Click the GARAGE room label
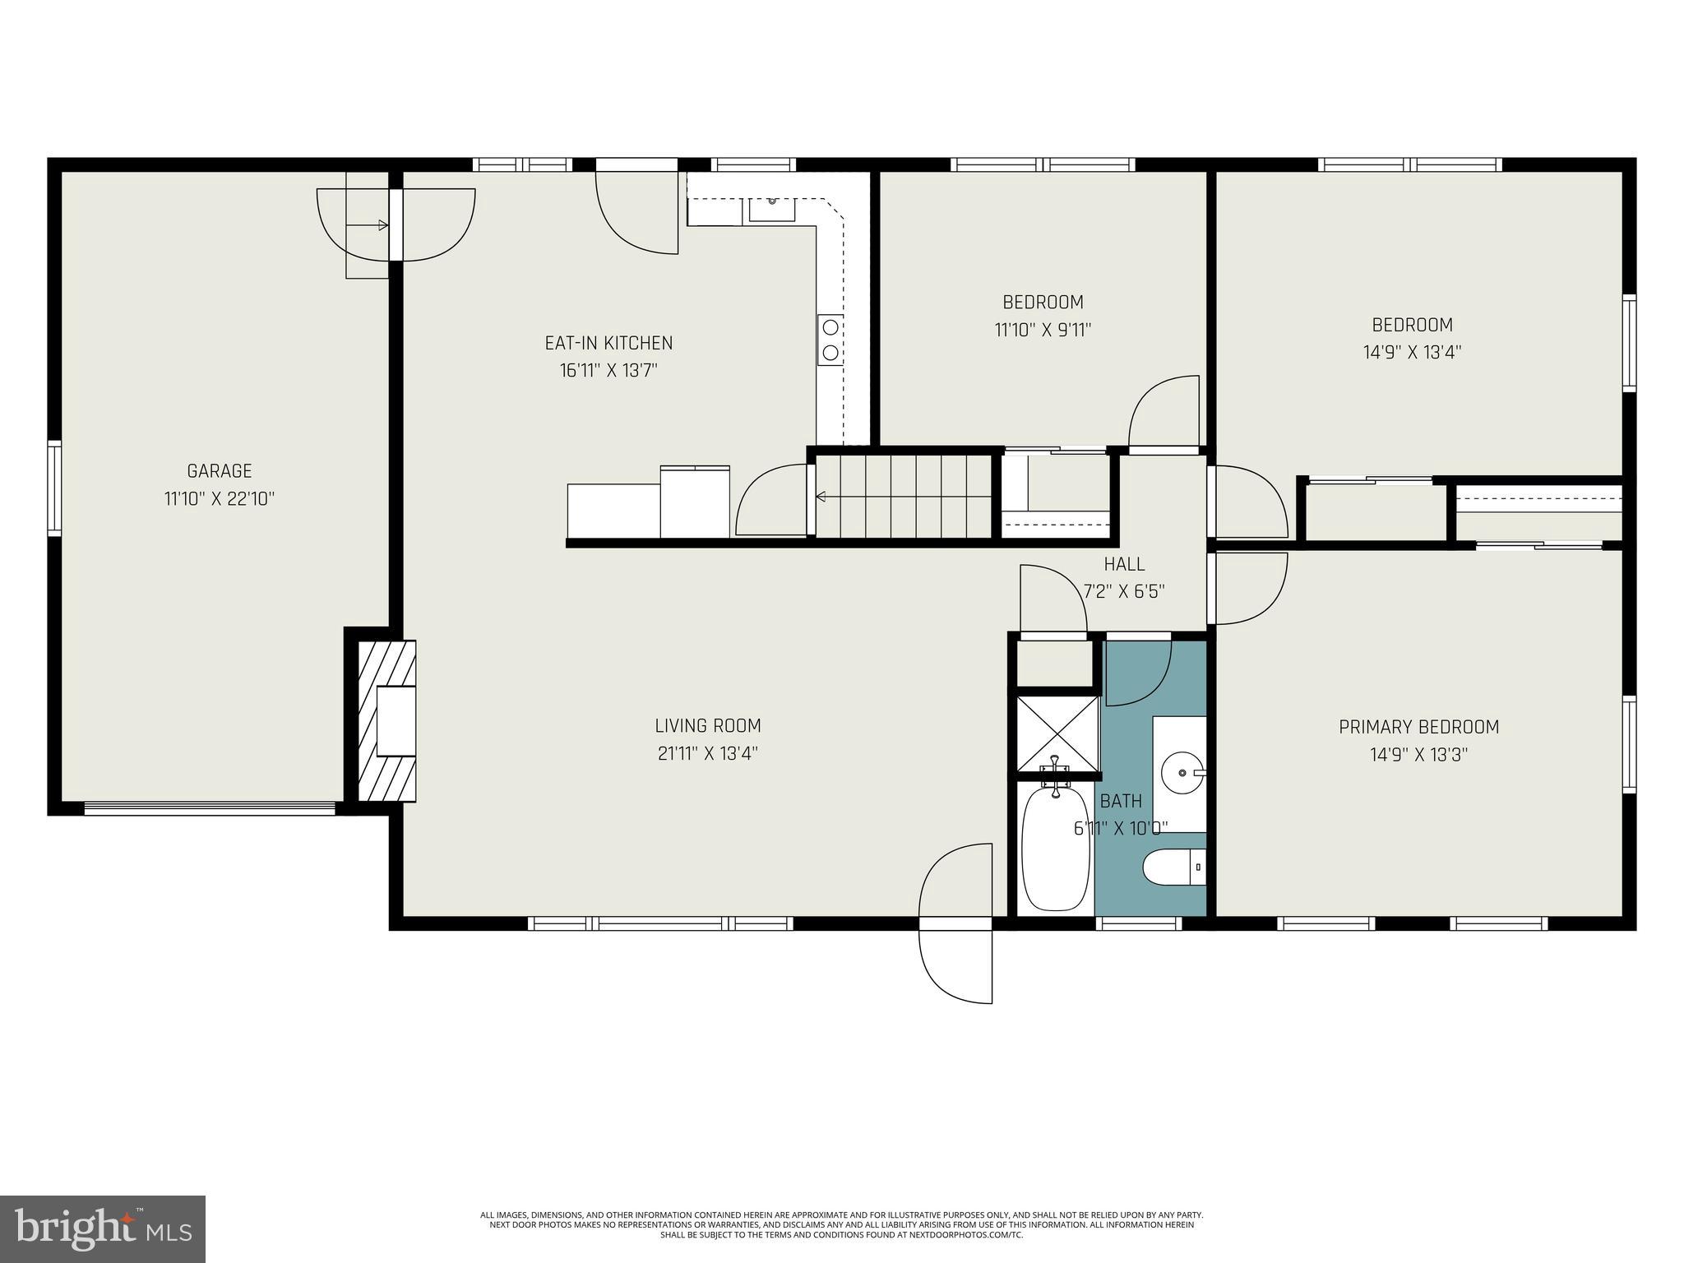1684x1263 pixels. pos(219,471)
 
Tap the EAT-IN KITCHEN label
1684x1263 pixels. pos(608,343)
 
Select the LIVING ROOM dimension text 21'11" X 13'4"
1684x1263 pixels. pos(707,753)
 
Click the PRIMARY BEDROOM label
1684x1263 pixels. pos(1418,727)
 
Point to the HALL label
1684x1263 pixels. pos(1123,564)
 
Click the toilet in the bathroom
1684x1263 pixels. pos(1173,868)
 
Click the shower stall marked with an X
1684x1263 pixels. pos(1058,734)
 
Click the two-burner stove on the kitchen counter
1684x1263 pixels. pos(830,340)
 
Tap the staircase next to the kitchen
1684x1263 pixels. pos(904,496)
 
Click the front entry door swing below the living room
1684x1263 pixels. pos(956,924)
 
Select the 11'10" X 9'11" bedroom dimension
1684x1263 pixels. pos(1043,330)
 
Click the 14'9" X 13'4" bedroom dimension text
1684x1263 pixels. pos(1412,352)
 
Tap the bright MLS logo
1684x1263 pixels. pos(103,1229)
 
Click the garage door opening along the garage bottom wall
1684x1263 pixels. pos(210,808)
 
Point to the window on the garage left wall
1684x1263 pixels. pos(54,488)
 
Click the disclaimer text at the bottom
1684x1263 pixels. pos(841,1247)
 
